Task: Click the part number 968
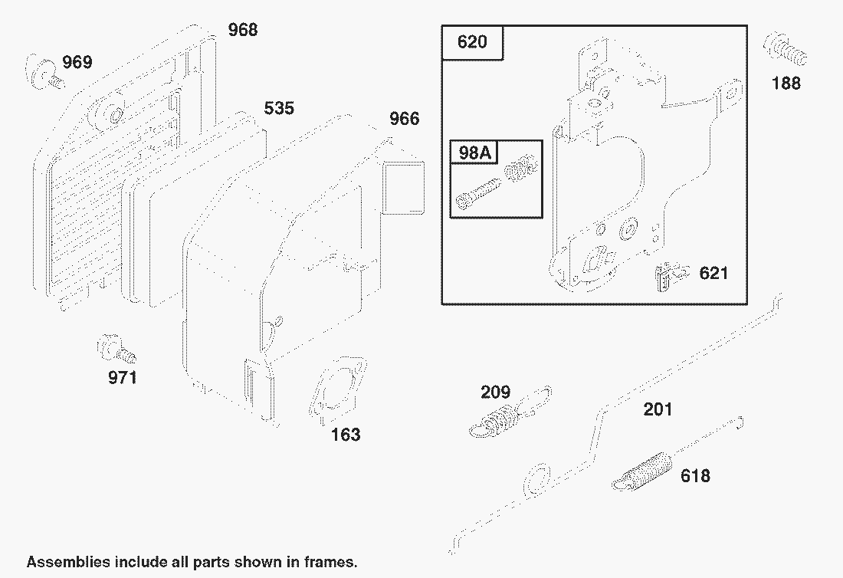[x=242, y=30]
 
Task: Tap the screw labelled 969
[x=44, y=72]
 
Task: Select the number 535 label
[x=279, y=108]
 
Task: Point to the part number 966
[x=405, y=118]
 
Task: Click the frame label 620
[x=472, y=42]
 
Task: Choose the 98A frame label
[x=474, y=153]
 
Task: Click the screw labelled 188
[x=785, y=50]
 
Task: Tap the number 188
[x=786, y=84]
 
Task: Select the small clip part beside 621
[x=671, y=277]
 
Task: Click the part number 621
[x=713, y=273]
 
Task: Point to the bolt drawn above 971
[x=116, y=349]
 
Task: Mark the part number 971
[x=123, y=377]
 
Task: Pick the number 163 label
[x=346, y=435]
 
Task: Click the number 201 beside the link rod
[x=658, y=409]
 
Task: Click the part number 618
[x=695, y=476]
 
